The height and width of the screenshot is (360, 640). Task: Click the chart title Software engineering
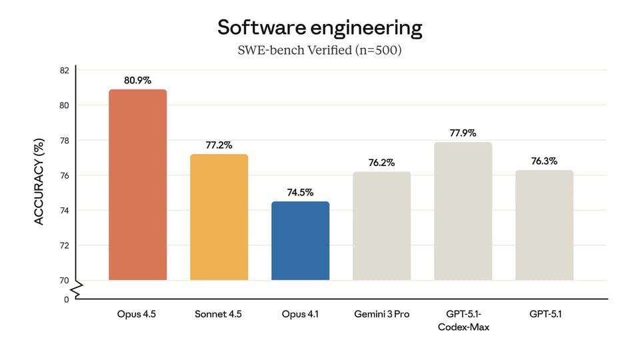pyautogui.click(x=319, y=28)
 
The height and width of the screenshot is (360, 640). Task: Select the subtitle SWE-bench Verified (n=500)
pyautogui.click(x=319, y=51)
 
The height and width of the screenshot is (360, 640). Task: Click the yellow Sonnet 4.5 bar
pyautogui.click(x=219, y=217)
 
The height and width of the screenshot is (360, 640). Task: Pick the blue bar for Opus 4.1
pyautogui.click(x=300, y=240)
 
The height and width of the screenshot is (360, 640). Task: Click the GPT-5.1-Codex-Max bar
pyautogui.click(x=463, y=211)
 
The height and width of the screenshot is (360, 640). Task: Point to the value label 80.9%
pyautogui.click(x=137, y=81)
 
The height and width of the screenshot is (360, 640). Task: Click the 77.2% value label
pyautogui.click(x=219, y=145)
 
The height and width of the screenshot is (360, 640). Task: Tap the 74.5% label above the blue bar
pyautogui.click(x=300, y=193)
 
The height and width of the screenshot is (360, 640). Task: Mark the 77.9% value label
pyautogui.click(x=463, y=133)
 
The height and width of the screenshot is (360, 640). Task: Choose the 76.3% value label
pyautogui.click(x=544, y=161)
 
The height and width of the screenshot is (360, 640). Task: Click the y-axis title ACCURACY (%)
pyautogui.click(x=39, y=181)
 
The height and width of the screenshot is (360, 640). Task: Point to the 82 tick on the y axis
pyautogui.click(x=64, y=71)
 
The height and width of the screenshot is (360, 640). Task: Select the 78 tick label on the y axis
pyautogui.click(x=64, y=141)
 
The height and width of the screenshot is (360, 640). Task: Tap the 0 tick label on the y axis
pyautogui.click(x=67, y=299)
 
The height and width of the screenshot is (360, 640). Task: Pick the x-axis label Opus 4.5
pyautogui.click(x=137, y=314)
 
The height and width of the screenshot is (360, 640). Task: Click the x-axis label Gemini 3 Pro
pyautogui.click(x=381, y=314)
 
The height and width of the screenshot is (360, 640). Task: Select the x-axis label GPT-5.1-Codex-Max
pyautogui.click(x=463, y=320)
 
